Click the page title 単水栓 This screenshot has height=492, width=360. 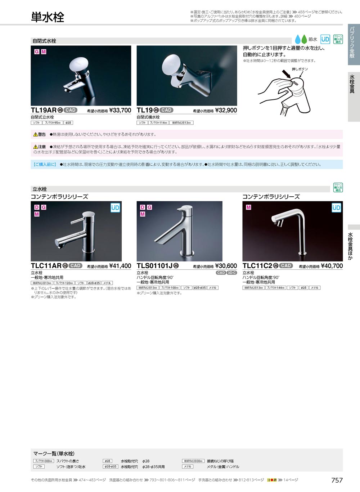click(48, 17)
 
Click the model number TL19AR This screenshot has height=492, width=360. click(44, 110)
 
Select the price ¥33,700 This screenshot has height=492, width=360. click(120, 110)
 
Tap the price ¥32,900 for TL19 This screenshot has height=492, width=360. click(226, 110)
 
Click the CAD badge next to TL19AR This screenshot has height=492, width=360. click(71, 110)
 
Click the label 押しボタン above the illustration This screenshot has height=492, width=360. click(300, 69)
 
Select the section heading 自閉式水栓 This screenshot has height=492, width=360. click(44, 41)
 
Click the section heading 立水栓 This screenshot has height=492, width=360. click(40, 189)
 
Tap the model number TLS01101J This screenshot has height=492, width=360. click(154, 266)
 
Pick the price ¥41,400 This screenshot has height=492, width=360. click(120, 266)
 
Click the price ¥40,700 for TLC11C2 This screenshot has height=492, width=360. click(332, 266)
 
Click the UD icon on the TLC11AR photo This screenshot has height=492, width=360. click(115, 208)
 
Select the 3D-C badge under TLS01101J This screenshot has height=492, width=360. click(232, 273)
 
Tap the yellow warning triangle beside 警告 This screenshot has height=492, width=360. click(36, 135)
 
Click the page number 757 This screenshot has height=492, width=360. click(337, 480)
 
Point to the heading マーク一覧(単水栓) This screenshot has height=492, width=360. click(54, 453)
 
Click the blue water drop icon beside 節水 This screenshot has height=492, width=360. click(298, 39)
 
